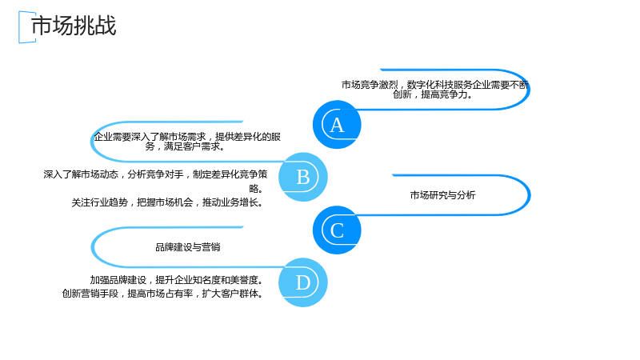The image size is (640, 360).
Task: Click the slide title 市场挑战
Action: [x=74, y=26]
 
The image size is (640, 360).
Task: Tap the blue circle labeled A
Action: [x=337, y=125]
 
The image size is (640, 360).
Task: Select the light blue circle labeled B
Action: [x=303, y=177]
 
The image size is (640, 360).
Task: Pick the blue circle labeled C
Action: [x=337, y=230]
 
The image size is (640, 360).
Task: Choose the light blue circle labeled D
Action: [x=303, y=282]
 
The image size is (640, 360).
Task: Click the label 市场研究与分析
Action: [x=443, y=195]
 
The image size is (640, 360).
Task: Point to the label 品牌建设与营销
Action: [x=188, y=247]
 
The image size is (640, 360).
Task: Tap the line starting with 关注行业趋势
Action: [x=168, y=202]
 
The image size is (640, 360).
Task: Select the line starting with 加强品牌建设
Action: [x=177, y=280]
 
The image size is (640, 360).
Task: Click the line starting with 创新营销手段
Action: [x=163, y=294]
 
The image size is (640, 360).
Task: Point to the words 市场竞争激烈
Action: [x=370, y=85]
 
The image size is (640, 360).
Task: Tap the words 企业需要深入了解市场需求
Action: [x=150, y=137]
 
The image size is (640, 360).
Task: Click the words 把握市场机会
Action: [x=165, y=202]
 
